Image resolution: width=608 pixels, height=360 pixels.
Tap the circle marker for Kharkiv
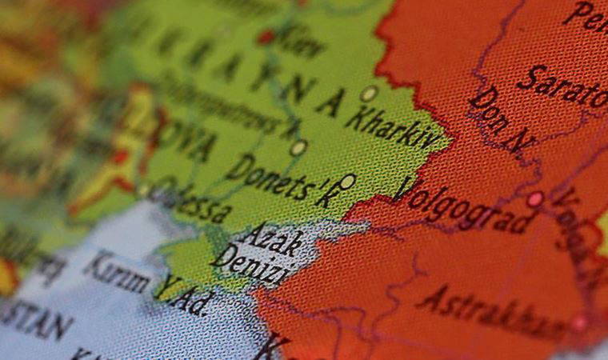(368, 94)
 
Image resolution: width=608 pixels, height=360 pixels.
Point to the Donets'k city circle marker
(347, 182)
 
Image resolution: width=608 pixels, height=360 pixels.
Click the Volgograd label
(464, 207)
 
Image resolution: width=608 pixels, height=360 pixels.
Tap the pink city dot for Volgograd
(534, 198)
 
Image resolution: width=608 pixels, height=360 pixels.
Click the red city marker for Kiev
(266, 37)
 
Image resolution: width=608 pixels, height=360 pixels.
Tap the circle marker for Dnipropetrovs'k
(298, 148)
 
